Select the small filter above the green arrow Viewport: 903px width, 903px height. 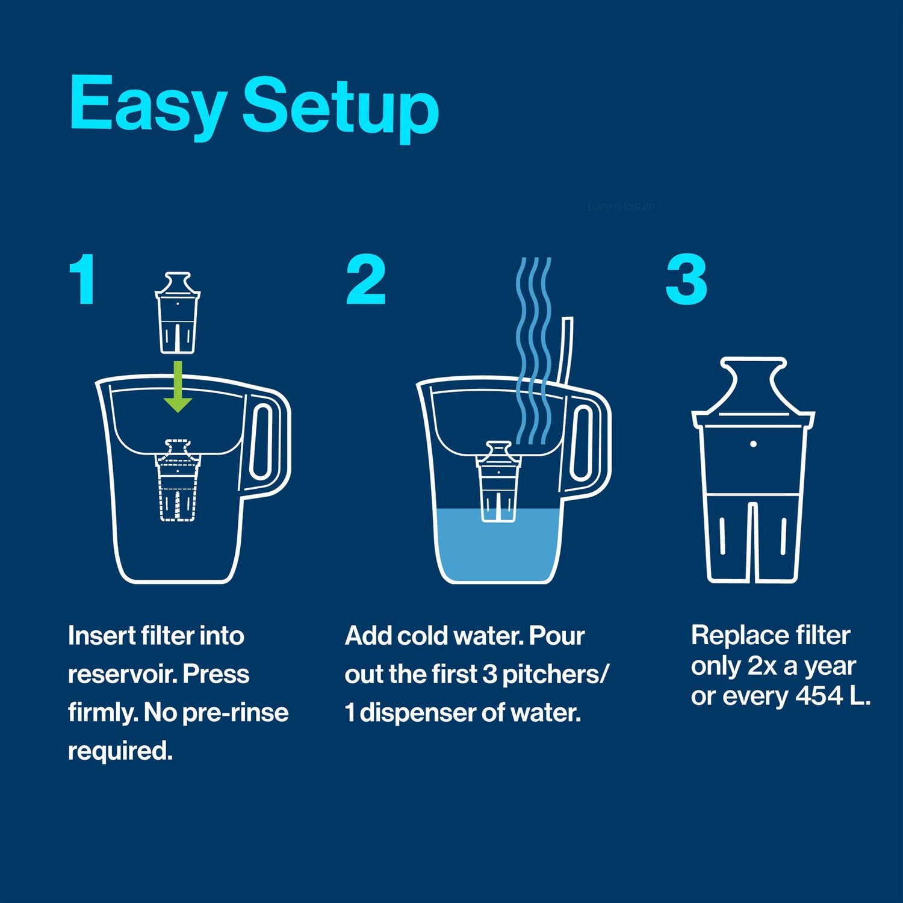point(178,313)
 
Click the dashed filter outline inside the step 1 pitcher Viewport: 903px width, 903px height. point(177,482)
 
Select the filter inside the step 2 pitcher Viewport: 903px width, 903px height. point(498,482)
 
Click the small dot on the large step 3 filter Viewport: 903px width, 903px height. point(753,444)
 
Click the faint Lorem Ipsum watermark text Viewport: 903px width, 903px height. point(621,206)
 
